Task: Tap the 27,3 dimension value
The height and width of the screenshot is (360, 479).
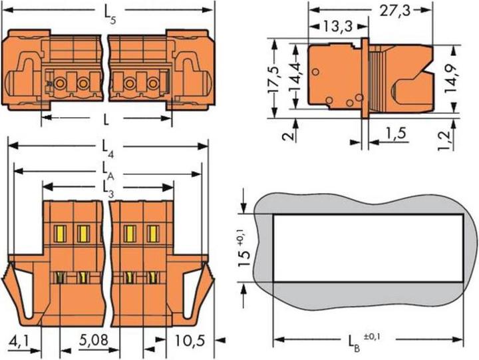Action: [395, 11]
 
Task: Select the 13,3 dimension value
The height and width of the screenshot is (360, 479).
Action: [338, 26]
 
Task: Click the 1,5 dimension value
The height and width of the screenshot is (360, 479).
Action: [396, 133]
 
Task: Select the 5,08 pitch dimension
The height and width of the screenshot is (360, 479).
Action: [94, 340]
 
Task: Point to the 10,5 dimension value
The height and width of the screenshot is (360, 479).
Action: [190, 340]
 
